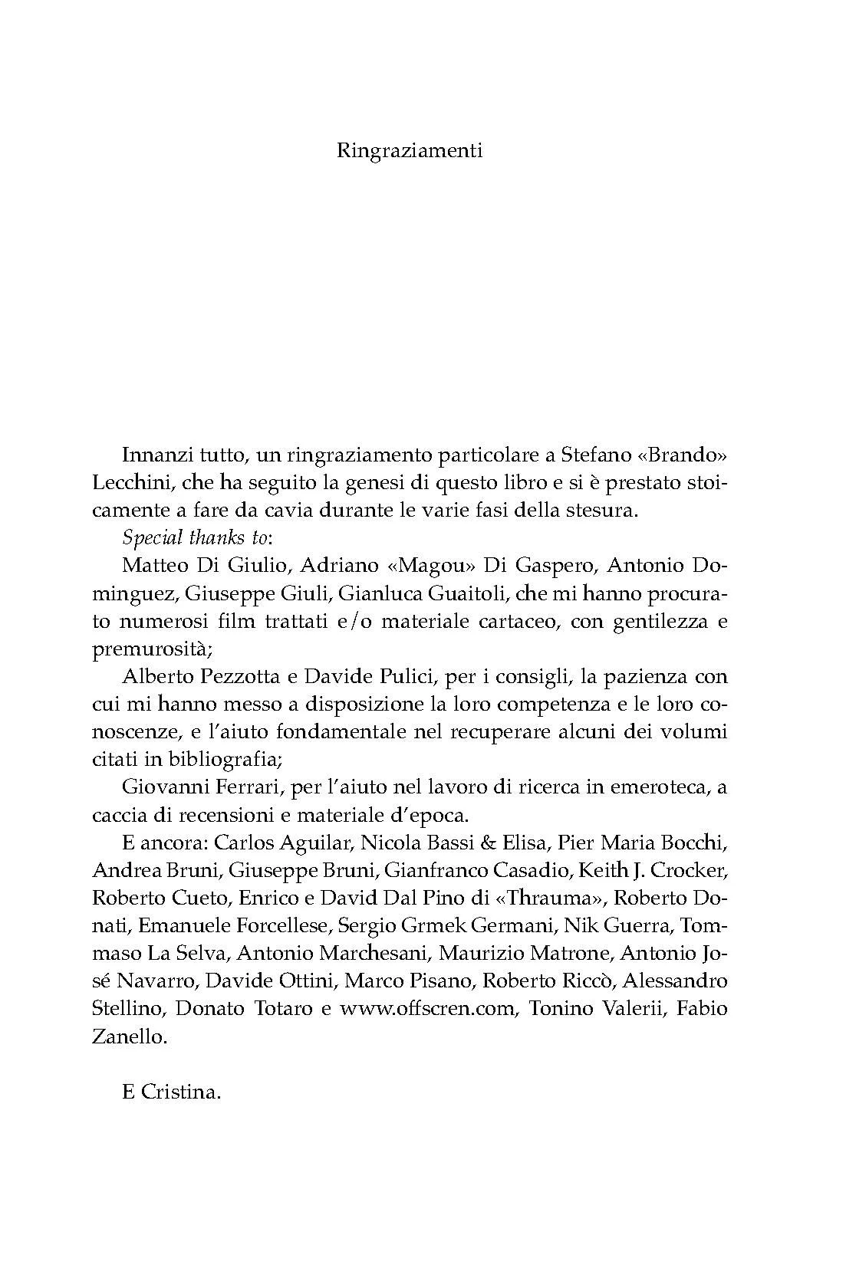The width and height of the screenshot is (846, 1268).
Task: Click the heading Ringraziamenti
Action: (x=410, y=150)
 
